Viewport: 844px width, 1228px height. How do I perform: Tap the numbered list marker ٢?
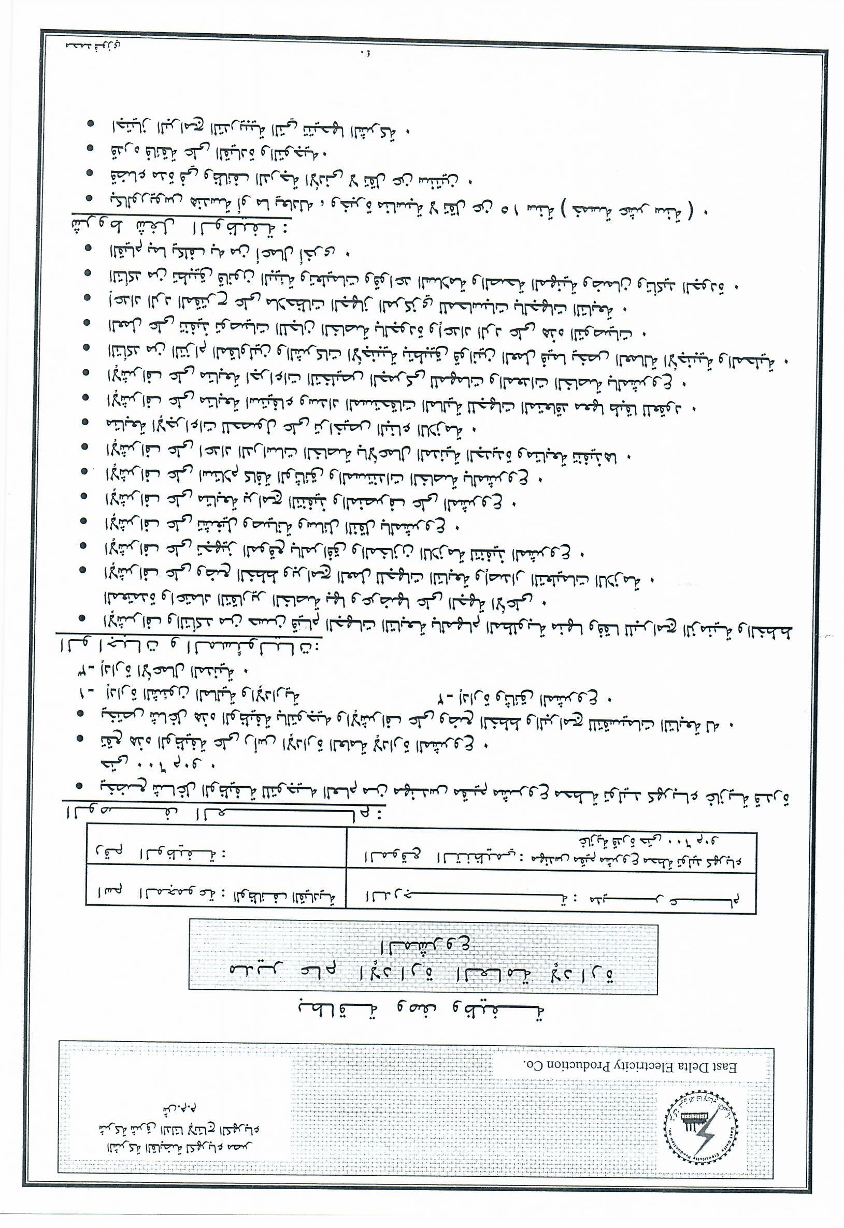click(x=448, y=698)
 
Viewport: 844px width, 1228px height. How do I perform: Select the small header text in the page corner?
click(x=93, y=46)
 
